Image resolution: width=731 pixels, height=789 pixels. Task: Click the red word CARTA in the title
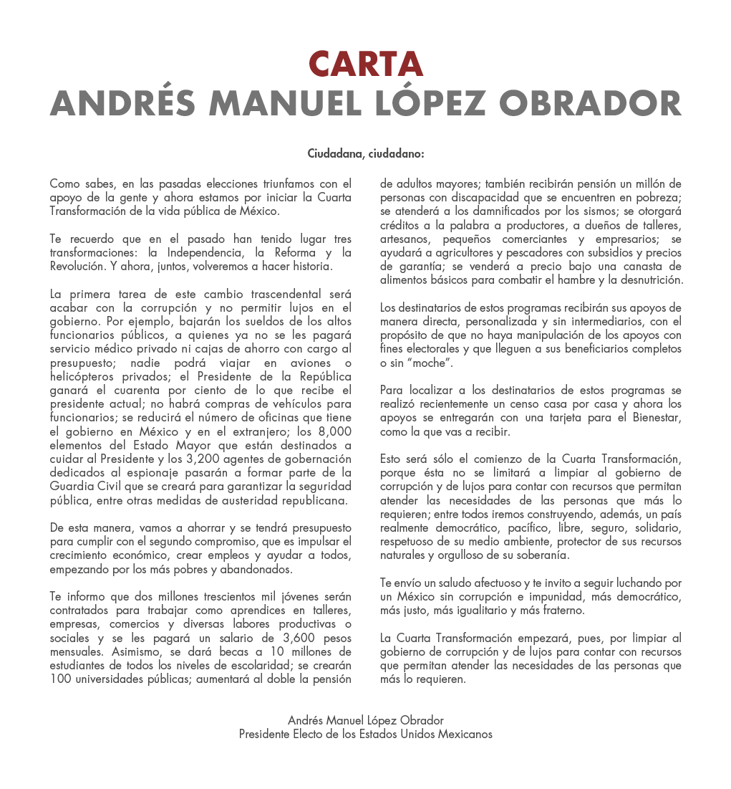coord(366,64)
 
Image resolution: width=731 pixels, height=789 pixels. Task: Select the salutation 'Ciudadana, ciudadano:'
coord(366,153)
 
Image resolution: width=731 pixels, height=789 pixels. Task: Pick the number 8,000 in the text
coord(333,431)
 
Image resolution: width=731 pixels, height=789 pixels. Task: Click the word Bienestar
coord(652,419)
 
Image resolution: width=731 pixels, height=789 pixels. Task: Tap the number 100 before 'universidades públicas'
coord(60,679)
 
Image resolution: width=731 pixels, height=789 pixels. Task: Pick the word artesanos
coord(405,239)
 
